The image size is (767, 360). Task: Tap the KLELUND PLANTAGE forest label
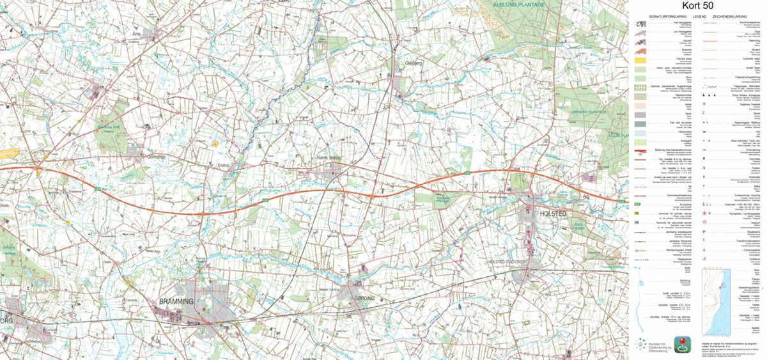pyautogui.click(x=518, y=4)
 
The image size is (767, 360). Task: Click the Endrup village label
pyautogui.click(x=223, y=164)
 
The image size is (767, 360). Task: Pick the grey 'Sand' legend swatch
pyautogui.click(x=642, y=114)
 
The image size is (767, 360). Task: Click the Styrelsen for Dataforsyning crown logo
pyautogui.click(x=641, y=345)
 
